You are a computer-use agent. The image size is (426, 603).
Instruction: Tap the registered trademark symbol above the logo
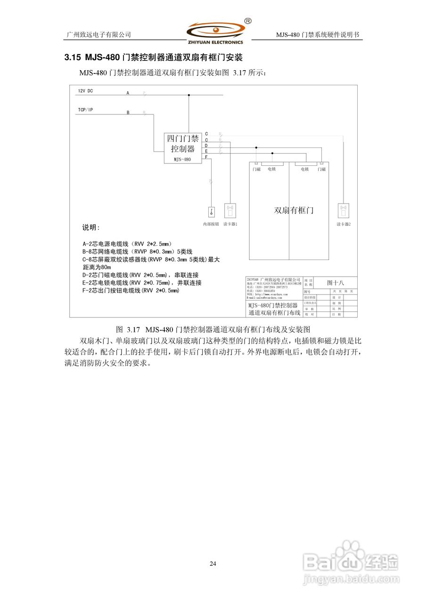click(x=248, y=21)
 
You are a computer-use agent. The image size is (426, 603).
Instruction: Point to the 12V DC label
click(x=85, y=91)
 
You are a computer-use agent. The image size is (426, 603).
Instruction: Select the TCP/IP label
click(x=85, y=110)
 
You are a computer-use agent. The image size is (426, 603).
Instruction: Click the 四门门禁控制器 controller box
click(x=182, y=147)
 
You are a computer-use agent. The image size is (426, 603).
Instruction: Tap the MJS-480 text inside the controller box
click(x=182, y=159)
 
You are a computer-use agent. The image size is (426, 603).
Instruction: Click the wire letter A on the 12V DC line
click(x=127, y=93)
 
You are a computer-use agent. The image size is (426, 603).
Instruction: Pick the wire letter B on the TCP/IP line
click(x=127, y=113)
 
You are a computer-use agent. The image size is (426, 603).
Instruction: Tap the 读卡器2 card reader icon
click(x=344, y=211)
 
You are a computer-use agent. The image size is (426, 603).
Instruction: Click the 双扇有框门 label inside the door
click(x=294, y=210)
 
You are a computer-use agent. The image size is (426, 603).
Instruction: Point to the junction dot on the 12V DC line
click(x=189, y=95)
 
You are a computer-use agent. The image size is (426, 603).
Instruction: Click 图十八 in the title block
click(x=336, y=283)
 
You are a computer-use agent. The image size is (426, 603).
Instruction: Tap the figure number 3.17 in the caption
click(x=134, y=328)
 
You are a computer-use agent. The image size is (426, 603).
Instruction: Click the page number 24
click(x=213, y=563)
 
